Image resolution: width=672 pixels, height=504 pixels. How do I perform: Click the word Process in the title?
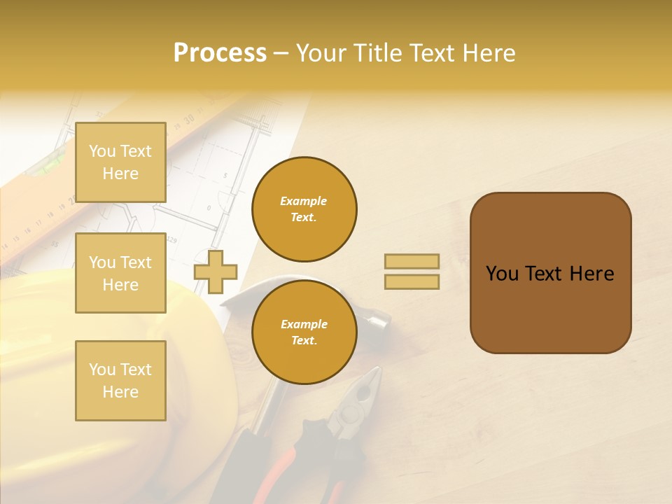pyautogui.click(x=220, y=53)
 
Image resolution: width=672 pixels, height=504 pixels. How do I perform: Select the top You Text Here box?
pyautogui.click(x=120, y=162)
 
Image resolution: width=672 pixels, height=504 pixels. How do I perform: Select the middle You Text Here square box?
pyautogui.click(x=120, y=273)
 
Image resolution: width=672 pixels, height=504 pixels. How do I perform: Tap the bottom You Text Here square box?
pyautogui.click(x=120, y=380)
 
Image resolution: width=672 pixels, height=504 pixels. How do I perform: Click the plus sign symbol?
pyautogui.click(x=216, y=272)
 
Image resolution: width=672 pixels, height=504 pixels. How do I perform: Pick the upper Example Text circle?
pyautogui.click(x=304, y=209)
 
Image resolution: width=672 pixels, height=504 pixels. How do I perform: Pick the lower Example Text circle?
pyautogui.click(x=304, y=332)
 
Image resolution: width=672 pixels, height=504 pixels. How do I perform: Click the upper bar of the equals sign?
pyautogui.click(x=412, y=262)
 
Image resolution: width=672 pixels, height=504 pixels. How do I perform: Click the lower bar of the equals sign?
pyautogui.click(x=412, y=282)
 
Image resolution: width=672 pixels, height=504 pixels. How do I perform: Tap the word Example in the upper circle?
pyautogui.click(x=304, y=202)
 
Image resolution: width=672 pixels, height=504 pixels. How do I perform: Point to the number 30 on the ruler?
pyautogui.click(x=189, y=120)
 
